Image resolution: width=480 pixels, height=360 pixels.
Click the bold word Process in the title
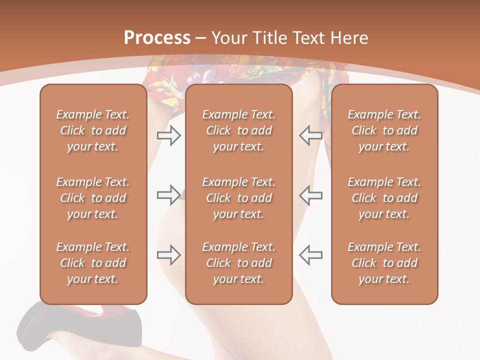tap(157, 38)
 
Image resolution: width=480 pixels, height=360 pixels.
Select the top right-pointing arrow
tap(168, 135)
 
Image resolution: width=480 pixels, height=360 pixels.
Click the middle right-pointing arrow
tap(168, 194)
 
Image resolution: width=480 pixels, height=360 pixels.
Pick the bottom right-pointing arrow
tap(168, 254)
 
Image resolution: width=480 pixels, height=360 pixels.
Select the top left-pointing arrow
tap(310, 135)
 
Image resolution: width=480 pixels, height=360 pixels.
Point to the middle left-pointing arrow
tap(310, 194)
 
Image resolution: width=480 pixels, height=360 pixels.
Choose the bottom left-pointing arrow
tap(310, 254)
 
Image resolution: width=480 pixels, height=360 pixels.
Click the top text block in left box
tap(93, 130)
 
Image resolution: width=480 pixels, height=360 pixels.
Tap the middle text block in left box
tap(93, 198)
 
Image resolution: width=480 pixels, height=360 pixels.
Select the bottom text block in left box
tap(93, 263)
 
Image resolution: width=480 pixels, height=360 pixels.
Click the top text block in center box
tap(238, 130)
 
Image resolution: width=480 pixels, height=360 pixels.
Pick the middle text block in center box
tap(238, 198)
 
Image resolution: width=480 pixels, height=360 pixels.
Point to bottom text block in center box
tap(238, 263)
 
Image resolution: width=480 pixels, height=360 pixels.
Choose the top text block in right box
tap(384, 130)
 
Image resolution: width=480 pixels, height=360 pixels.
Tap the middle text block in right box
tap(384, 198)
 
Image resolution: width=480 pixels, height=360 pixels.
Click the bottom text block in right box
tap(384, 263)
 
